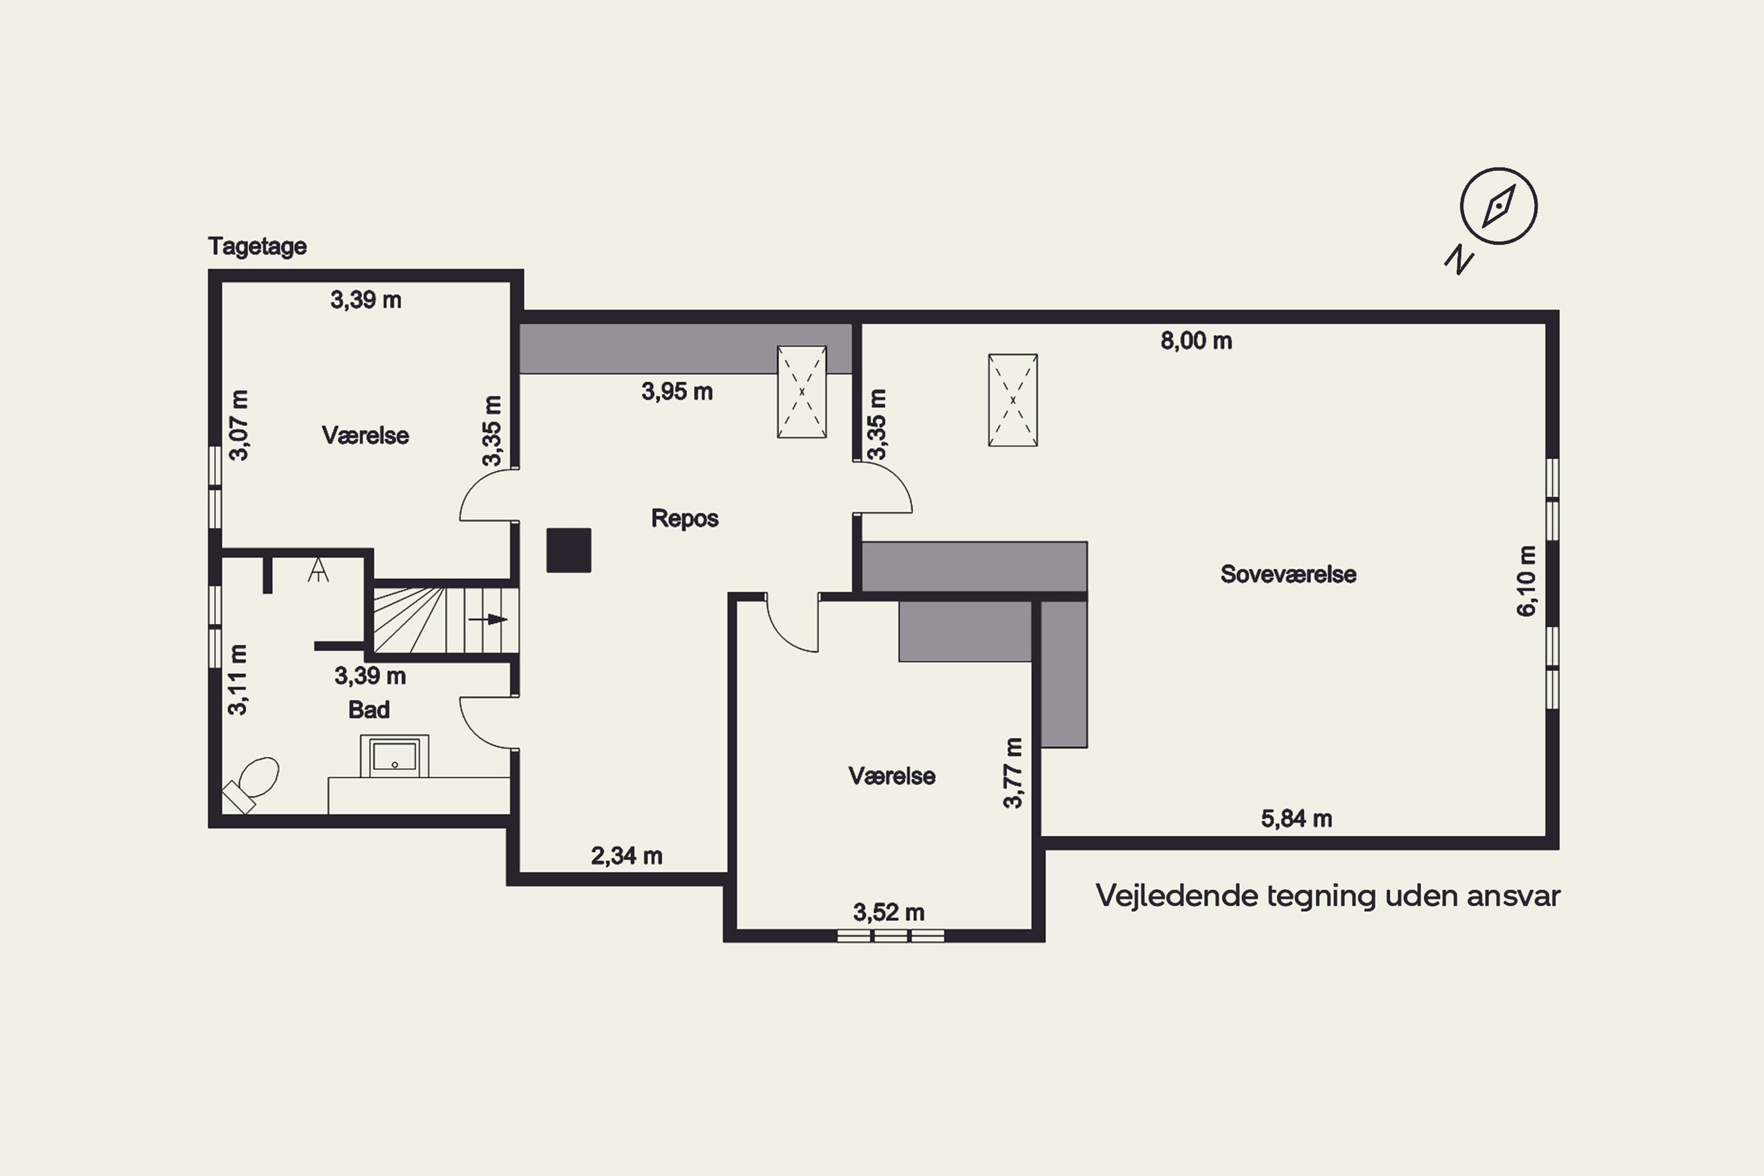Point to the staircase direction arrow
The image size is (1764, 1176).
click(487, 620)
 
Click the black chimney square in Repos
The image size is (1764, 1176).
click(569, 550)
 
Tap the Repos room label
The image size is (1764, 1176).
click(685, 518)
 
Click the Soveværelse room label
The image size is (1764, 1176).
click(1288, 574)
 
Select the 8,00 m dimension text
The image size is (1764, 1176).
click(1196, 341)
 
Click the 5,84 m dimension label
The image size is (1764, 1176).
click(1297, 819)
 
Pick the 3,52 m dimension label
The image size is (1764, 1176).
click(888, 913)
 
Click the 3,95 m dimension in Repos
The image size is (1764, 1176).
click(677, 392)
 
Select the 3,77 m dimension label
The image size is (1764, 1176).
click(1013, 773)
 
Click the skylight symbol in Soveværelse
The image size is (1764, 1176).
click(1013, 400)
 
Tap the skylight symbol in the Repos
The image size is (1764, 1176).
click(802, 392)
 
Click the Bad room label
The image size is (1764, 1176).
click(369, 710)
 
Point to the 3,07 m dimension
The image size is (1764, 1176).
click(239, 425)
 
